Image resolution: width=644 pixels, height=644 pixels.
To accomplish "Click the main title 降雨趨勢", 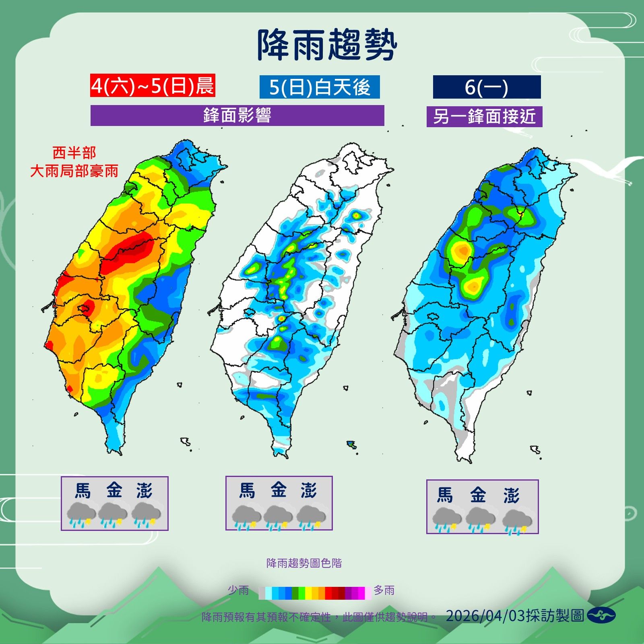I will [x=327, y=45].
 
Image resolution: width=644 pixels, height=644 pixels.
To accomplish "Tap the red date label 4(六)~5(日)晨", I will [x=153, y=86].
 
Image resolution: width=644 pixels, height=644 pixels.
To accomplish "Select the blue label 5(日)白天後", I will [x=320, y=87].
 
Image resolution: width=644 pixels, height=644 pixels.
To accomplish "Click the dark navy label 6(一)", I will [x=487, y=87].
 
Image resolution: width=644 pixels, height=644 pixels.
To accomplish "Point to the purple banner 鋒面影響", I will [x=237, y=116].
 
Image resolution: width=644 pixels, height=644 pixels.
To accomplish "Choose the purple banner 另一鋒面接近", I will [x=484, y=117].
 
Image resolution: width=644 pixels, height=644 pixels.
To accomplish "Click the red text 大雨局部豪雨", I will [x=74, y=171].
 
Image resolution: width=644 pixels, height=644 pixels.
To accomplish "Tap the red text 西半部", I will [x=74, y=153].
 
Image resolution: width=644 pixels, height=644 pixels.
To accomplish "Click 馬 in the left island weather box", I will [x=83, y=491].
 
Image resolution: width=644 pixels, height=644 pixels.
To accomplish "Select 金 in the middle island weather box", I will [x=279, y=490].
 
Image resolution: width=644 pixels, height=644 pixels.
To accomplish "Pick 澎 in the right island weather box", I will [x=511, y=495].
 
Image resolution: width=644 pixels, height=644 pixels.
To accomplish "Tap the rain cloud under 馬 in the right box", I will [x=447, y=520].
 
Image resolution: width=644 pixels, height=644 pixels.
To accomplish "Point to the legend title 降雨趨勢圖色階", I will [x=304, y=563].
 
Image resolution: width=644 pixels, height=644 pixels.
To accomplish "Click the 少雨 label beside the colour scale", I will [x=238, y=590].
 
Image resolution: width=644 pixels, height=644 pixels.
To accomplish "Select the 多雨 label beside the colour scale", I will [x=384, y=590].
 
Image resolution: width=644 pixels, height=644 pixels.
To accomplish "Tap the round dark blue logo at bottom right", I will [x=601, y=615].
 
